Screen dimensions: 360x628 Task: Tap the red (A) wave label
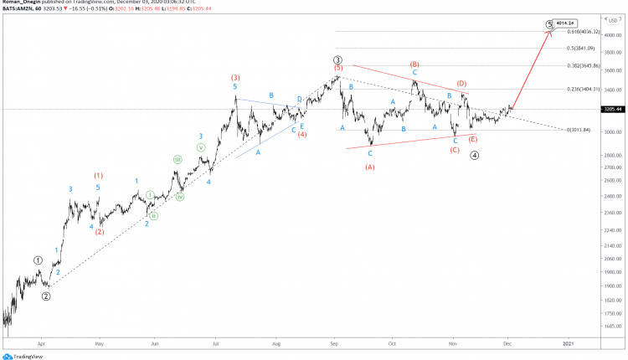point(370,167)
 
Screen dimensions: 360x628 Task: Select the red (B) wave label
point(414,64)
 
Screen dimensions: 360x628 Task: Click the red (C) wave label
point(455,150)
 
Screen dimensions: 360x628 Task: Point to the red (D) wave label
point(461,84)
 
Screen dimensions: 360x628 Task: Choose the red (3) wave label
point(236,77)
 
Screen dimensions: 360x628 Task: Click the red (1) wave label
point(99,176)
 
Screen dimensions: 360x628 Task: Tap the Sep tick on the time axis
point(334,342)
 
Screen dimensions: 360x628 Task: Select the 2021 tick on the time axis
point(568,342)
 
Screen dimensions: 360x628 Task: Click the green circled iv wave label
point(180,197)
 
